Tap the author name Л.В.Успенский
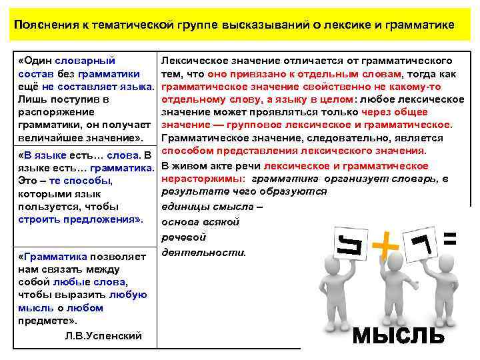pyautogui.click(x=103, y=335)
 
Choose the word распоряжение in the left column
pyautogui.click(x=52, y=112)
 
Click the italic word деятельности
pyautogui.click(x=204, y=252)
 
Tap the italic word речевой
pyautogui.click(x=185, y=237)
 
